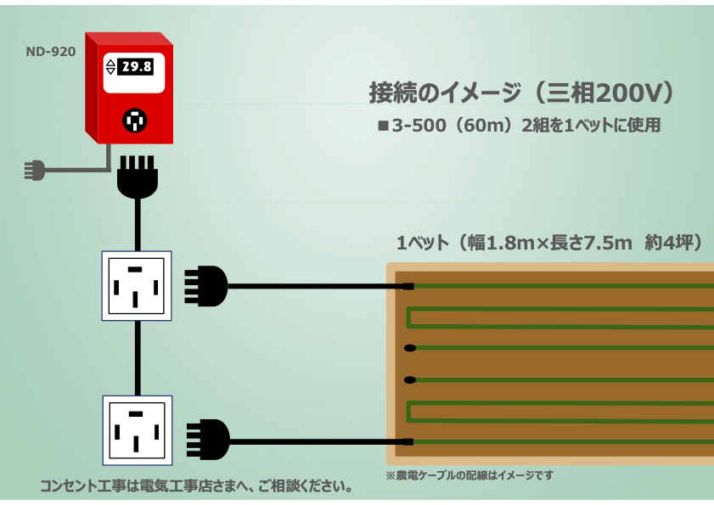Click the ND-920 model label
[x=51, y=52]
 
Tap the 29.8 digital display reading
[x=135, y=67]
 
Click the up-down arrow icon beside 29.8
[x=110, y=67]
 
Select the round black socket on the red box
[x=133, y=121]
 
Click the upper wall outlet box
[x=136, y=285]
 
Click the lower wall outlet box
[x=136, y=429]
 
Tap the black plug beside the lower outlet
[x=208, y=440]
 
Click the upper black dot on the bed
[x=410, y=348]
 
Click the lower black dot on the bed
[x=410, y=379]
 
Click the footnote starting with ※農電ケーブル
[x=469, y=475]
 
